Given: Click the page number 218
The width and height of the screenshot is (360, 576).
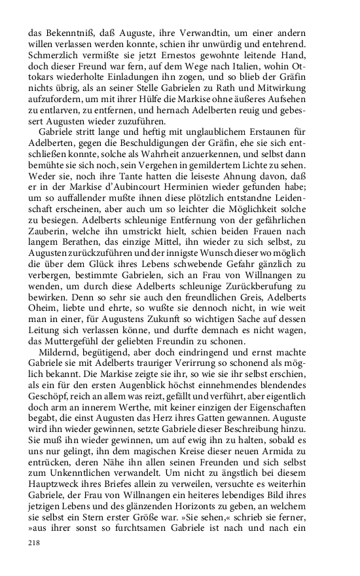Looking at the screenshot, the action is click(x=35, y=543).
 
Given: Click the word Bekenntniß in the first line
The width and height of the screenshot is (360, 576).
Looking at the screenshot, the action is click(x=67, y=30).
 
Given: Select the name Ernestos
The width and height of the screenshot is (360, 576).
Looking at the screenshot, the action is click(x=178, y=54).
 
